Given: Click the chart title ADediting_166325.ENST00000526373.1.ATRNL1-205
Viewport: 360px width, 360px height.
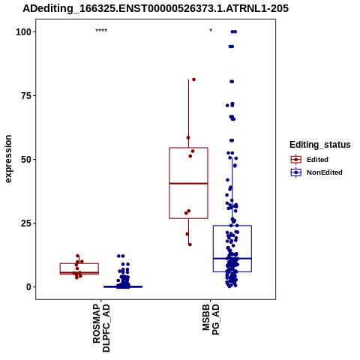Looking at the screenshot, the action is pos(155,8).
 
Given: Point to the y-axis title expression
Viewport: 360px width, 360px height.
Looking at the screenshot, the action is pos(8,159).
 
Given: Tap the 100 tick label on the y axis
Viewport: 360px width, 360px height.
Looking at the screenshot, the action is pos(23,32).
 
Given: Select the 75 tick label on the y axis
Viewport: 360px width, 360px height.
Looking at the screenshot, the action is pos(26,96).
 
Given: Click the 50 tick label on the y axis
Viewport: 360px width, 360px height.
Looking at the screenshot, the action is pos(26,160).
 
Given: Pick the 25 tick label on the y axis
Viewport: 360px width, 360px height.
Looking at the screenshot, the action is pos(26,223).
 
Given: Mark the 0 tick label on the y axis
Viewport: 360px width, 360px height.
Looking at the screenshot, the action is pos(29,287).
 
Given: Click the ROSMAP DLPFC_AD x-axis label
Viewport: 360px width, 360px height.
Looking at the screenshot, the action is pos(101,328).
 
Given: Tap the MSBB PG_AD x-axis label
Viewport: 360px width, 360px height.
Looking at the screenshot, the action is pos(211,319).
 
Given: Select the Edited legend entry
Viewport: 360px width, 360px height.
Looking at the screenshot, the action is pos(309,160).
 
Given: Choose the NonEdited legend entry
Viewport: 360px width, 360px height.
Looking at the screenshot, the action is pos(316,172).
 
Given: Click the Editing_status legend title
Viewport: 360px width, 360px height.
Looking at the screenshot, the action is pos(320,145).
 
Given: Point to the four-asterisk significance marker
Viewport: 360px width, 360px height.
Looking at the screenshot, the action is pos(101,31).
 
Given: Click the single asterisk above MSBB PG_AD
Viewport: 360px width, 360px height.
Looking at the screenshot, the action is pos(211,31).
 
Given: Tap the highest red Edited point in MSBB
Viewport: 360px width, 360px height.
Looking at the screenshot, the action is pos(193,79).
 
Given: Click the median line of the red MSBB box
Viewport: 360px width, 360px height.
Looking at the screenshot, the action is pos(188,184).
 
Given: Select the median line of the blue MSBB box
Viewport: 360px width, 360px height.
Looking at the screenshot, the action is pos(232,258).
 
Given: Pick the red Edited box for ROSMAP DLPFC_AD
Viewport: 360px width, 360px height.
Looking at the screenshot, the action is pos(79,263).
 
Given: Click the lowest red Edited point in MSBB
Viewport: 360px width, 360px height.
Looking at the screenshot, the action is pos(190,244).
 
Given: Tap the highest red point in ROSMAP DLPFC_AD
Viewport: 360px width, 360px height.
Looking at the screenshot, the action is pos(77,256).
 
